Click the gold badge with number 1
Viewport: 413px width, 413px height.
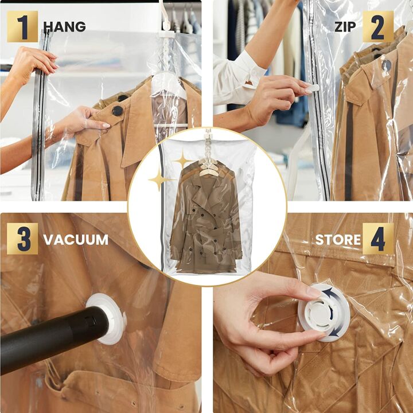(22, 26)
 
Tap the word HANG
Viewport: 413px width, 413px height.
(64, 27)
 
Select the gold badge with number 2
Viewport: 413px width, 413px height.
(378, 26)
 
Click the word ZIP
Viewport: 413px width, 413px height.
(345, 27)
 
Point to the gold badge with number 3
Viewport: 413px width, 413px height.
(22, 239)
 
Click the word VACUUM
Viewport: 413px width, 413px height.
(76, 240)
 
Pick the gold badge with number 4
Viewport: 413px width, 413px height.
(378, 239)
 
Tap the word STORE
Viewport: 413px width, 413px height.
(338, 240)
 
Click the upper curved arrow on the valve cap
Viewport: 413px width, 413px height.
(330, 294)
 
